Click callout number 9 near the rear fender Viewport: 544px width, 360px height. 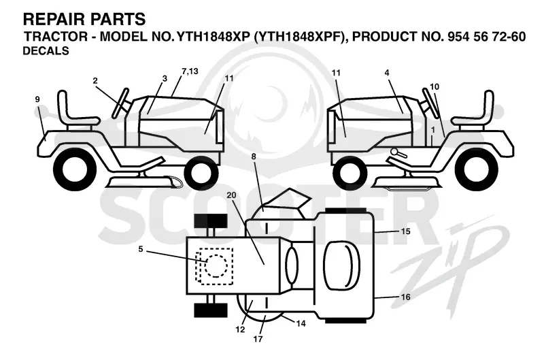[37, 99]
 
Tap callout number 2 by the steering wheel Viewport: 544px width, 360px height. [95, 81]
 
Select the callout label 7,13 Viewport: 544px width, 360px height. [190, 71]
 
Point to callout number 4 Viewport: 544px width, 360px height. [387, 73]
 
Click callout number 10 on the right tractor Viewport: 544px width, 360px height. [435, 87]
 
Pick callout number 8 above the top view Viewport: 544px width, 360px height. [254, 157]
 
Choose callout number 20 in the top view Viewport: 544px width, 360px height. [231, 195]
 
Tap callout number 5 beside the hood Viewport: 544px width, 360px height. [141, 249]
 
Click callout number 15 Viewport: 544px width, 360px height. [405, 231]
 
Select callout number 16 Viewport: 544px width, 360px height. [405, 297]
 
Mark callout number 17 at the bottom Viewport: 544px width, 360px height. [258, 338]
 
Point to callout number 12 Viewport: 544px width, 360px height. [240, 329]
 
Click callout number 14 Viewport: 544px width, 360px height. [301, 323]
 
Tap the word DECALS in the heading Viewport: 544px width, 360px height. [46, 51]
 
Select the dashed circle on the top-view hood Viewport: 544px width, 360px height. [216, 266]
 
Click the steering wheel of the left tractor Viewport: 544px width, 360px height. [120, 103]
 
